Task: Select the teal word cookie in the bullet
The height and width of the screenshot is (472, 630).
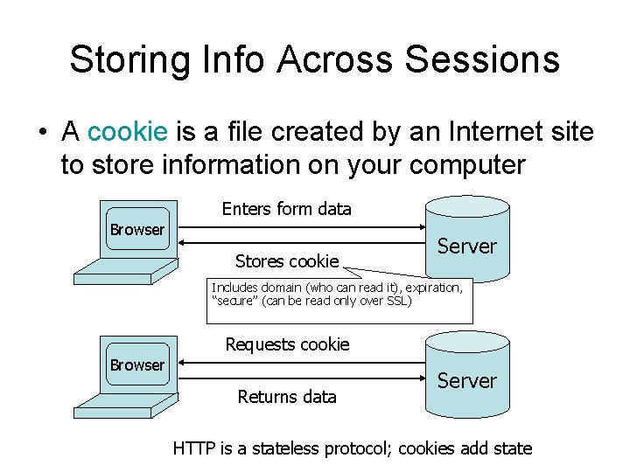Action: [x=128, y=132]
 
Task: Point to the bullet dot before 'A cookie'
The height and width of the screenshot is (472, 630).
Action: [x=41, y=133]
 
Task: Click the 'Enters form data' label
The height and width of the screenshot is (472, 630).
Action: [x=286, y=209]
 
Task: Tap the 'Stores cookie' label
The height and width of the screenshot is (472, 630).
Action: [x=287, y=261]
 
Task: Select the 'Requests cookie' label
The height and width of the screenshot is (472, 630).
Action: [x=287, y=344]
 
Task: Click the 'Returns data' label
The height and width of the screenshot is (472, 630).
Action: [x=287, y=397]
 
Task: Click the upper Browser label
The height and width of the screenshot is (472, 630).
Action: [x=136, y=230]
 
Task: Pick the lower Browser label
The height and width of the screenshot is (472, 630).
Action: [x=136, y=364]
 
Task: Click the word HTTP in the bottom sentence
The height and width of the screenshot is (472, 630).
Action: [x=193, y=448]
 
